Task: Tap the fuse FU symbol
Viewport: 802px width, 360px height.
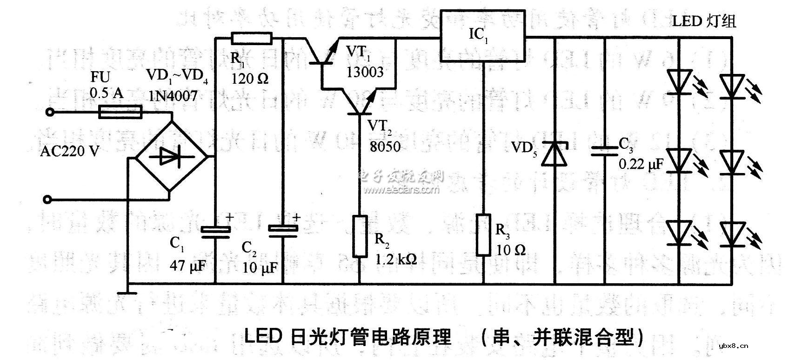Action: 120,112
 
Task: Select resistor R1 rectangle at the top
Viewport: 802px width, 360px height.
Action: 251,38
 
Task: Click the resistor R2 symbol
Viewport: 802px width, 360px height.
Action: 360,236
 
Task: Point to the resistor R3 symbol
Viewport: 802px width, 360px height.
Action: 483,235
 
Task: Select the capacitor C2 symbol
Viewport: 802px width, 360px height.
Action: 283,231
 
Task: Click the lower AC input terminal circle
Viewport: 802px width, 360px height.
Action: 46,200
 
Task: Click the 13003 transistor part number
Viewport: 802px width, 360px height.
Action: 365,72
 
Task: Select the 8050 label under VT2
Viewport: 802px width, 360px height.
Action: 385,147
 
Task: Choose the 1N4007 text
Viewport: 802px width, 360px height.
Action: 173,96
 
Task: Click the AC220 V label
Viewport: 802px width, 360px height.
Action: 70,151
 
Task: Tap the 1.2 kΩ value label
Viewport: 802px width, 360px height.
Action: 396,259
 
